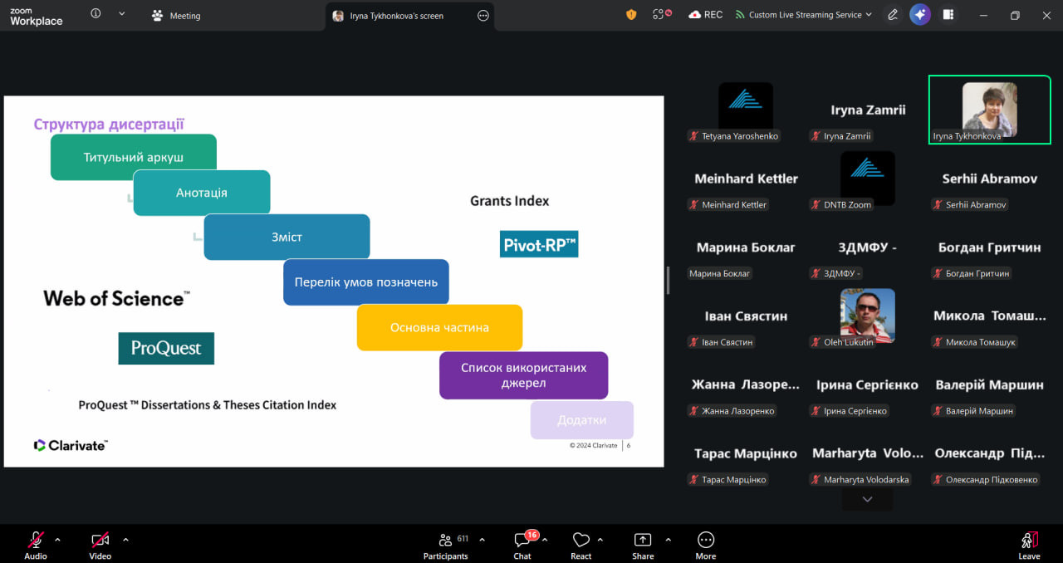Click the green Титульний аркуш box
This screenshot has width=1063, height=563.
(x=134, y=157)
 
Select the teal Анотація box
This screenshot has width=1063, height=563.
(x=202, y=193)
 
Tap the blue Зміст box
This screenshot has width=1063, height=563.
(x=287, y=237)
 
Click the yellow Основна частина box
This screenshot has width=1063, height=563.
(x=439, y=327)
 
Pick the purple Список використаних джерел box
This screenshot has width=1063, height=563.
(x=523, y=375)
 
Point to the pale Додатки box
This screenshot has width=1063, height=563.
(x=582, y=420)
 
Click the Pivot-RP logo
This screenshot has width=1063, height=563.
(x=539, y=244)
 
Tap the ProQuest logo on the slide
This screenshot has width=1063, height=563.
(x=166, y=349)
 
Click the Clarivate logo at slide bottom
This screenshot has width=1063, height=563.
(x=71, y=445)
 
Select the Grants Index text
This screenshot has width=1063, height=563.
(x=510, y=201)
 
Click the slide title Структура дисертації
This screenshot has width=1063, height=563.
(x=109, y=124)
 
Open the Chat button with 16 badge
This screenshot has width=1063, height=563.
(x=522, y=545)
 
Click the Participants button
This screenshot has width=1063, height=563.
(x=446, y=545)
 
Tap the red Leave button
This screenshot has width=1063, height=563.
(x=1029, y=546)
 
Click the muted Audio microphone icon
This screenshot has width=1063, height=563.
(x=36, y=541)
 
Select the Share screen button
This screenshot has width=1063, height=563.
(x=643, y=546)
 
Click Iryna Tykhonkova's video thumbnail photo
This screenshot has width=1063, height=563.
(x=989, y=109)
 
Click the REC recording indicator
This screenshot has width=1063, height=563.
(x=706, y=15)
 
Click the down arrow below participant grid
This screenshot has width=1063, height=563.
(x=867, y=499)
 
